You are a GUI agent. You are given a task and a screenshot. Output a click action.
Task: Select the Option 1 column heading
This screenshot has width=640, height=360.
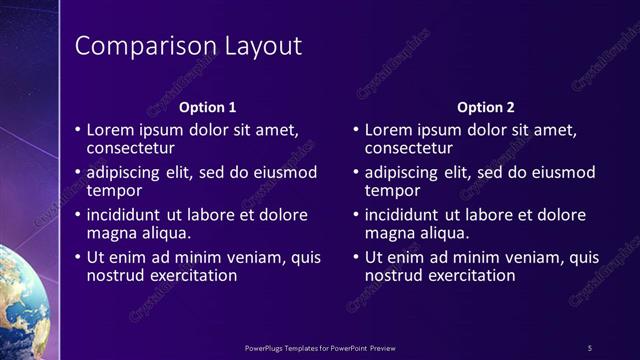(x=207, y=107)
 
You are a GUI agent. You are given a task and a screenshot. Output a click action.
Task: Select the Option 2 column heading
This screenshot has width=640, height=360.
(x=485, y=107)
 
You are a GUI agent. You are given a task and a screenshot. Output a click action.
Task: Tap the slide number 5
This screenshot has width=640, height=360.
(x=590, y=347)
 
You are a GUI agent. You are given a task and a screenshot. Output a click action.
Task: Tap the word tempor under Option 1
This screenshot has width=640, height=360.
(x=114, y=190)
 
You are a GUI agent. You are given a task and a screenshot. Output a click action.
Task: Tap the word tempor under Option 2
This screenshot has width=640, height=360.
(x=392, y=190)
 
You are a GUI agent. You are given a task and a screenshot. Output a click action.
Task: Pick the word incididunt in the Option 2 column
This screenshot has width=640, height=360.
(x=406, y=215)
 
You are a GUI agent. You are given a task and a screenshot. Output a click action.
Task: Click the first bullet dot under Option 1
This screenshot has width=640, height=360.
(x=78, y=130)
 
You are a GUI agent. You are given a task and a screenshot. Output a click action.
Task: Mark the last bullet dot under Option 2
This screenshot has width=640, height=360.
(x=356, y=257)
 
